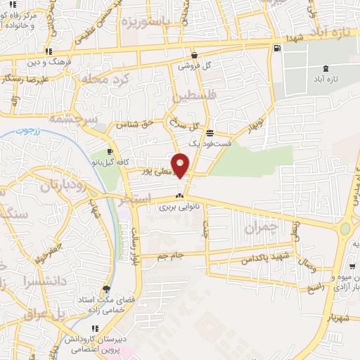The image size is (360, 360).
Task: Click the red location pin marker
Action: [x=181, y=165]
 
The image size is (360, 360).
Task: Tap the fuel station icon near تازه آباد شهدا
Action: [x=277, y=49]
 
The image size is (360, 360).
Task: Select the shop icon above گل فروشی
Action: [x=194, y=55]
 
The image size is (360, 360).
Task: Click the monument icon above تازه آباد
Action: [x=326, y=70]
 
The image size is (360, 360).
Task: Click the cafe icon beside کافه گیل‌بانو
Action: [x=110, y=151]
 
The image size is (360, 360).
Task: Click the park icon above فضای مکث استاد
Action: [x=106, y=288]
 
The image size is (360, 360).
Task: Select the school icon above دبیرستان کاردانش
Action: [x=95, y=328]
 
